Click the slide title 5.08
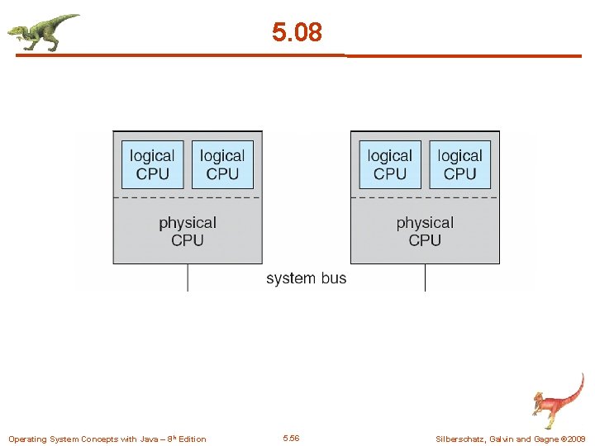click(x=297, y=32)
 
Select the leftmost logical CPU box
click(x=152, y=164)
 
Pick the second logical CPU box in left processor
click(x=222, y=164)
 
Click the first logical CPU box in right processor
click(x=389, y=164)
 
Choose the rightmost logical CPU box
click(x=459, y=164)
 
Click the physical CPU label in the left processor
click(x=188, y=231)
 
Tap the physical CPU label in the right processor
click(x=425, y=231)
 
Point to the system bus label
click(x=306, y=278)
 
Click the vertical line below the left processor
click(x=188, y=278)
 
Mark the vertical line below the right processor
click(x=425, y=278)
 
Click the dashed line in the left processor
click(x=188, y=198)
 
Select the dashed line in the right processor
click(x=425, y=198)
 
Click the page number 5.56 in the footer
click(x=291, y=438)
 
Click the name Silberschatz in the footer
click(x=462, y=439)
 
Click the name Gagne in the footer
click(x=545, y=439)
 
